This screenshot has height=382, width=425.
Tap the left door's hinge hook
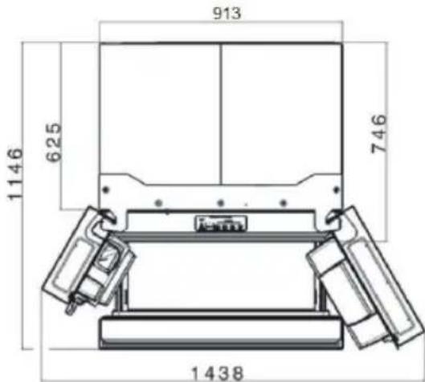(105, 214)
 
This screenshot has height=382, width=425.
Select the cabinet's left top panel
(159, 108)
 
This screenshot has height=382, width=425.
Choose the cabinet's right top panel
(279, 108)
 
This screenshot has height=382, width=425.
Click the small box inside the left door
(105, 262)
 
